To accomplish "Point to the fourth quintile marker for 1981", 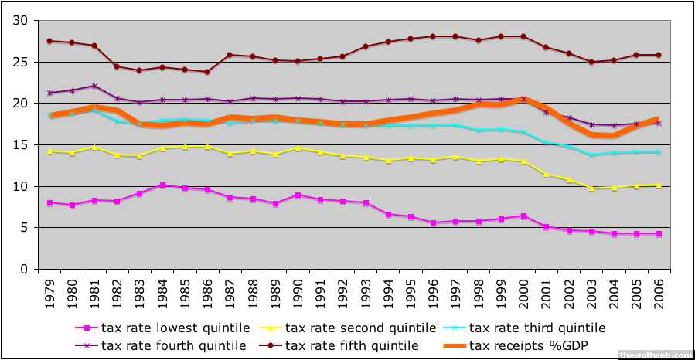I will [94, 86].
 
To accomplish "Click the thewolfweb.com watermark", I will [656, 355].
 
